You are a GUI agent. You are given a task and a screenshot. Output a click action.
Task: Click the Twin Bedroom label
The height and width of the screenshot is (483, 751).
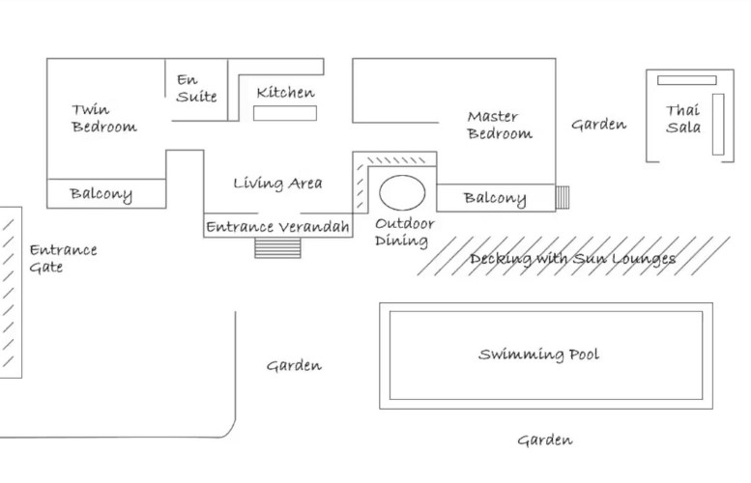[103, 118]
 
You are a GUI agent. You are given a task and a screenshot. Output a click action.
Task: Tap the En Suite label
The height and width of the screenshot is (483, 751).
[196, 89]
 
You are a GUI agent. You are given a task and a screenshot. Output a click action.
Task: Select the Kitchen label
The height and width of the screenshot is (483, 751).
[285, 93]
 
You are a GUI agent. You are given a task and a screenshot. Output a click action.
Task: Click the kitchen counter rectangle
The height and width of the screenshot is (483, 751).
[285, 113]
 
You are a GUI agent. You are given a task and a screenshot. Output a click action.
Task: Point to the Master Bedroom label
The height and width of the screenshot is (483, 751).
[499, 126]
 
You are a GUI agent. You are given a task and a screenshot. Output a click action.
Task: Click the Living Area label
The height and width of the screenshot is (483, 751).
[277, 183]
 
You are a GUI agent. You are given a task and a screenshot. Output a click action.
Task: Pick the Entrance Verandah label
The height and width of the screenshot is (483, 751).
[277, 228]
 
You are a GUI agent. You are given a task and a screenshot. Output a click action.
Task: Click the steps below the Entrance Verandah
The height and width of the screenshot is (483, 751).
[278, 248]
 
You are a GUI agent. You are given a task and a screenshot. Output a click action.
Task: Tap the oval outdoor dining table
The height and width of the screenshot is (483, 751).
[402, 192]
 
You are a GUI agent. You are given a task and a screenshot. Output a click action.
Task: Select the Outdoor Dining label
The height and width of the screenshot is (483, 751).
[404, 232]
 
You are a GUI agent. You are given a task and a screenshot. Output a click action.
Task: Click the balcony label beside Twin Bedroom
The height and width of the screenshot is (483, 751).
[101, 194]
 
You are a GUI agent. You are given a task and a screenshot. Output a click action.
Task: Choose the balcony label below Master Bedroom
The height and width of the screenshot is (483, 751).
[495, 199]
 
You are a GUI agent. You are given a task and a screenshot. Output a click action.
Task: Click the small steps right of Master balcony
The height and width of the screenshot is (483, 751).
[563, 197]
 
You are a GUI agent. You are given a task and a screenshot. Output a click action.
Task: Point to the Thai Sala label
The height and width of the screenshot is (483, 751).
[682, 119]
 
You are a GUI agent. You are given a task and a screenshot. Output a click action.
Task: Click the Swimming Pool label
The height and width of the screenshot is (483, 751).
[538, 355]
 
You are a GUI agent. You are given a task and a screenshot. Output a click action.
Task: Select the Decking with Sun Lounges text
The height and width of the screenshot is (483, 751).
[572, 258]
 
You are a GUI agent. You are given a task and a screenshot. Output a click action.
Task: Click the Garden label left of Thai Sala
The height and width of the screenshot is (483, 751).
[598, 125]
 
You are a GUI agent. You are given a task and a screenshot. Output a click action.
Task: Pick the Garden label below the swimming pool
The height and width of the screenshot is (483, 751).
[544, 440]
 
